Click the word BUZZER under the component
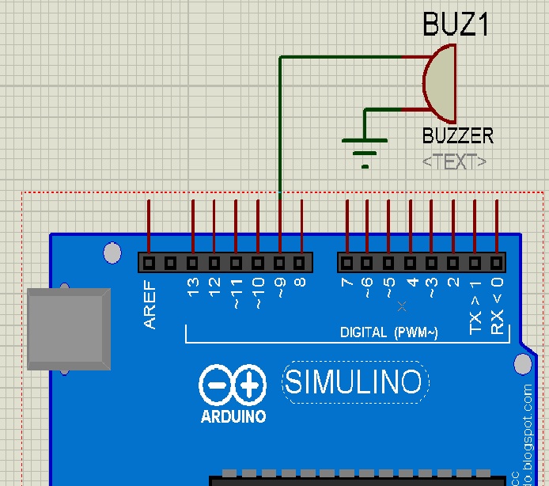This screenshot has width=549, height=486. [458, 135]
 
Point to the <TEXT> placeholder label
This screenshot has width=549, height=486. [454, 161]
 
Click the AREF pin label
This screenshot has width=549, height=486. [150, 305]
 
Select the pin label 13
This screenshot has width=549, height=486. [193, 290]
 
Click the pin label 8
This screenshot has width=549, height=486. [301, 287]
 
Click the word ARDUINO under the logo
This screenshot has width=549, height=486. [233, 416]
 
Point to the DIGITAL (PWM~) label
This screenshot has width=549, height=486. [388, 332]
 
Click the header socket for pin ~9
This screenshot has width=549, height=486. [279, 262]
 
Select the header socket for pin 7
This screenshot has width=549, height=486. [346, 262]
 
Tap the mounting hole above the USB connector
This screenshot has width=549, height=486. [113, 253]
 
